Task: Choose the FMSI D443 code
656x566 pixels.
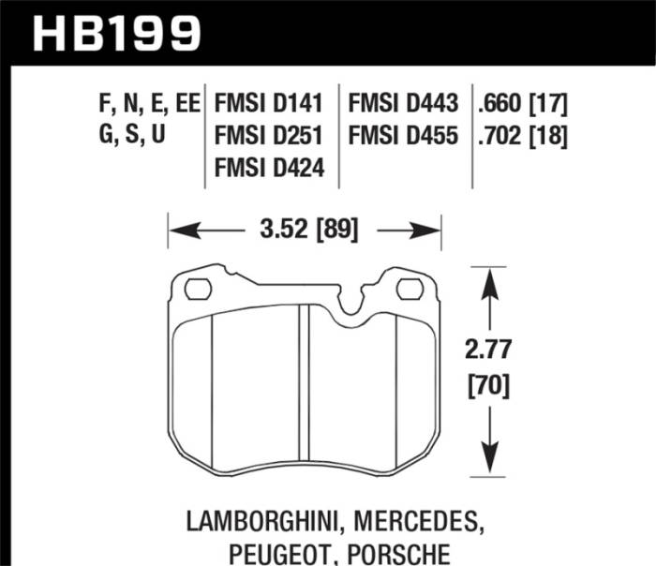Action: coord(403,104)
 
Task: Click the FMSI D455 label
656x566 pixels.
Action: coord(403,137)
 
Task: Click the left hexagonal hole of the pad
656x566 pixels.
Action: coord(197,289)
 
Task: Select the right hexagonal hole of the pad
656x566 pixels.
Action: coord(410,289)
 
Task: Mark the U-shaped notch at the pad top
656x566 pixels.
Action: coord(351,302)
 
